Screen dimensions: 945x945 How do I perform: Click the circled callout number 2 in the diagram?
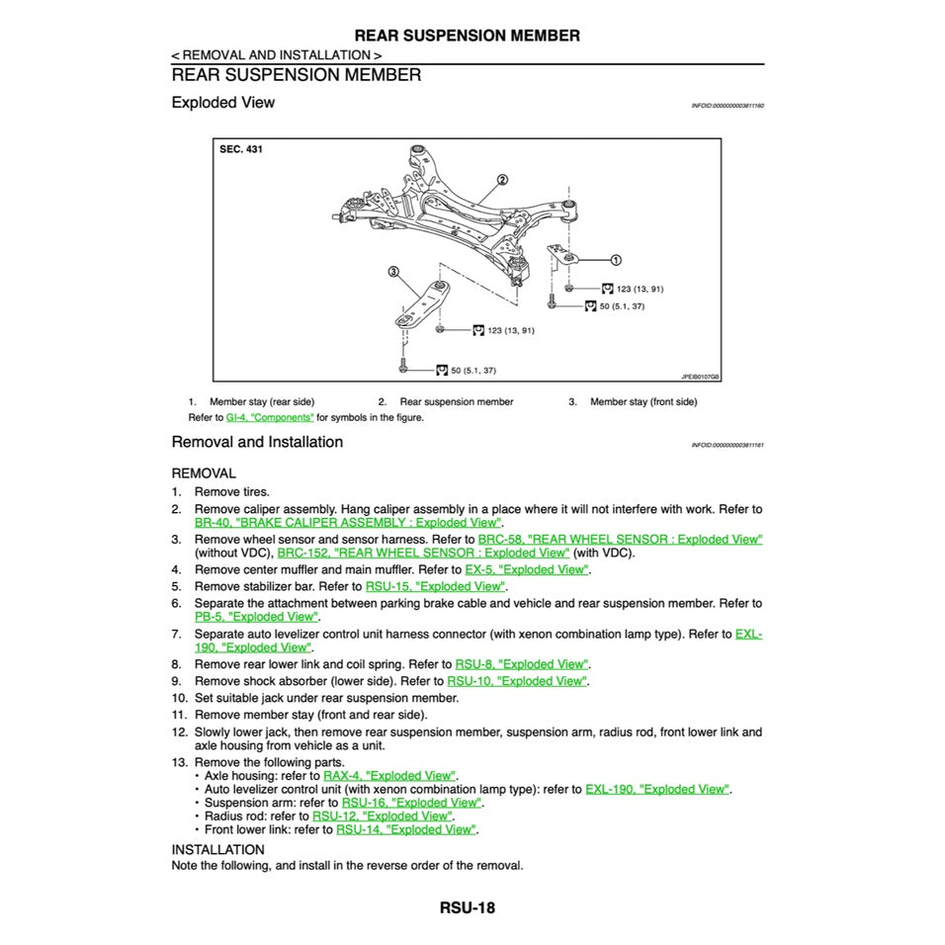tap(502, 180)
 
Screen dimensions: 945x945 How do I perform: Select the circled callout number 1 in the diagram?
tap(616, 260)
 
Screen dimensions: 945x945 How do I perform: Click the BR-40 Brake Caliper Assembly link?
tap(348, 522)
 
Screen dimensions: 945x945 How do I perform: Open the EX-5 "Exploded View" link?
tap(526, 569)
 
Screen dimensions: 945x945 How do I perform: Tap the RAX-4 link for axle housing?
tap(389, 776)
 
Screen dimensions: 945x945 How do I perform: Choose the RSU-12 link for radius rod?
tap(382, 816)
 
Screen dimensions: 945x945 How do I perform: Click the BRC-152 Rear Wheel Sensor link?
tap(423, 553)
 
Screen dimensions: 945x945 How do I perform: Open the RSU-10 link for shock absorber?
tap(516, 681)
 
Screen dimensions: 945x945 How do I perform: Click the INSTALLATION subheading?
tap(217, 849)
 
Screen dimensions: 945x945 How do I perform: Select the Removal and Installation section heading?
tap(257, 442)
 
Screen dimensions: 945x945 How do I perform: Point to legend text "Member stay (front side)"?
tap(643, 402)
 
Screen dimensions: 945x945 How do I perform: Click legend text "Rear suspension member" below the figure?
tap(456, 402)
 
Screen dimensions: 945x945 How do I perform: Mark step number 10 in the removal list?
tap(178, 698)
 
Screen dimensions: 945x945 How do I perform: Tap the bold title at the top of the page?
tap(467, 36)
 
